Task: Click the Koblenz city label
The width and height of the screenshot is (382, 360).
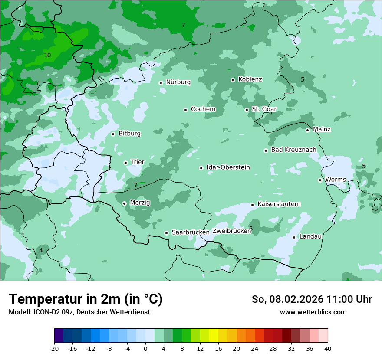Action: [250, 79]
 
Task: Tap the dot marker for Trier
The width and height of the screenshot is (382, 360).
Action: [126, 163]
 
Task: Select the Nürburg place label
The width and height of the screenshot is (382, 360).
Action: [178, 82]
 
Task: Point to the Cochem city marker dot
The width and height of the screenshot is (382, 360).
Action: [185, 110]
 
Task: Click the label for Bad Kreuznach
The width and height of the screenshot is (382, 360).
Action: [293, 150]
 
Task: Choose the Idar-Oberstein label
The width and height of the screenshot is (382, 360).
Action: [228, 167]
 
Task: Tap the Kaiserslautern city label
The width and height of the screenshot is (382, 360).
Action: [279, 204]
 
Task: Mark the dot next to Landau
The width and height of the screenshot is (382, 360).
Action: [294, 237]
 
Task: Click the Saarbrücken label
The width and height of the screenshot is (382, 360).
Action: [191, 232]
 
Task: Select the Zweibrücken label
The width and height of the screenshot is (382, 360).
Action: [231, 231]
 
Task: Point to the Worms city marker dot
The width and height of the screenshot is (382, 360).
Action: [320, 180]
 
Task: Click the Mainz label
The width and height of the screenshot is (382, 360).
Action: [322, 129]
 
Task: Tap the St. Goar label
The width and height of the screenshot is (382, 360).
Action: [264, 109]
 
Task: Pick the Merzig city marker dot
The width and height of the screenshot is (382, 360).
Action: [124, 203]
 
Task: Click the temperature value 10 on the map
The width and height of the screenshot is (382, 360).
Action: [47, 55]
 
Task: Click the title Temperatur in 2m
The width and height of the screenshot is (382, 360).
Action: [86, 299]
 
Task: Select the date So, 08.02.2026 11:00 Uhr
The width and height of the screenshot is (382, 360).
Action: [312, 299]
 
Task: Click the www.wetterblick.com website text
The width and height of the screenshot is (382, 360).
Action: [313, 312]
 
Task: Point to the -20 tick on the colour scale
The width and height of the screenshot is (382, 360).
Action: [55, 348]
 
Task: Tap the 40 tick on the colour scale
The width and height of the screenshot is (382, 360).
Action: [328, 348]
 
